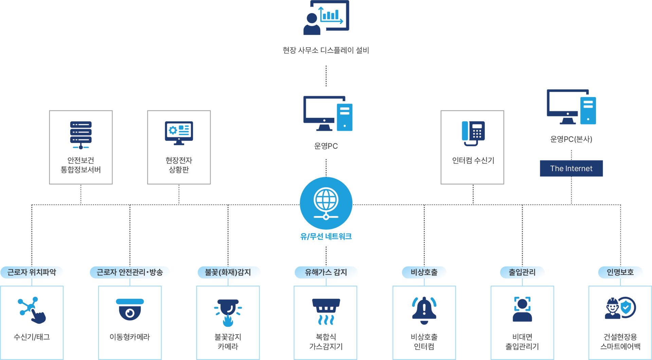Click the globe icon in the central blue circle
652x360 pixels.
pos(326,200)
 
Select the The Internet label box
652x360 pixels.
pos(571,168)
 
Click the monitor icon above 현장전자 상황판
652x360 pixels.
pos(179,133)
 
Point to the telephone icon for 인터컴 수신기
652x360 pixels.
pos(473,133)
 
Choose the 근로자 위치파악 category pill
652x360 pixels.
pos(32,272)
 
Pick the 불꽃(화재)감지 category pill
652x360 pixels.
pos(228,272)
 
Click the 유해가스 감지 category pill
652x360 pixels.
pos(326,272)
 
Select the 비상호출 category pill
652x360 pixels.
pos(424,272)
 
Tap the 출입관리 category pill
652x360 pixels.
pos(522,272)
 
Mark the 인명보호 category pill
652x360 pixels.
pos(620,272)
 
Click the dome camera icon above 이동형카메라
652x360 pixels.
pos(130,309)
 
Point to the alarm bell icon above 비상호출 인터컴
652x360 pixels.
pos(424,310)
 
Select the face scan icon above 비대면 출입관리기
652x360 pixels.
pos(522,309)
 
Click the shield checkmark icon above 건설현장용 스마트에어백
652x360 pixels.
pos(627,308)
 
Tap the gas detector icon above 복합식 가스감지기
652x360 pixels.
pos(326,311)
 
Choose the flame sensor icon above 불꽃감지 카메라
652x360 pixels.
pos(228,312)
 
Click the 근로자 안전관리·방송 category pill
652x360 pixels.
pos(130,272)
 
